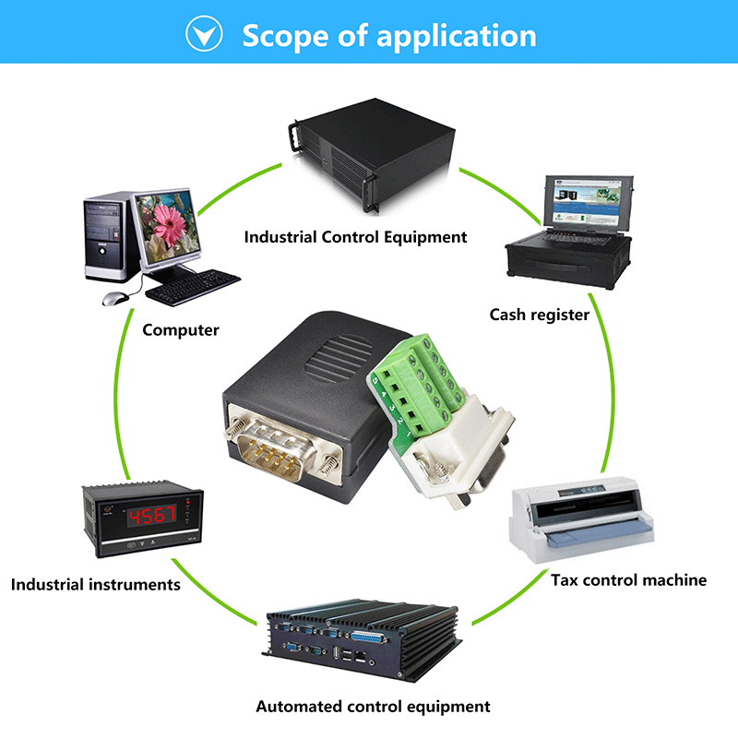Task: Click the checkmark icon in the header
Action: point(204,35)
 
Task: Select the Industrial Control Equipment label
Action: point(355,237)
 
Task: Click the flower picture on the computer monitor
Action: point(168,222)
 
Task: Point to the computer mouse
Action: point(114,299)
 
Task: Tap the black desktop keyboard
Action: point(193,287)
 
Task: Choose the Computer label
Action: point(181,329)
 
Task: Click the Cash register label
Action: point(539,315)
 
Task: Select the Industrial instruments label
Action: point(95,584)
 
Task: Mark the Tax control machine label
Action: point(628,580)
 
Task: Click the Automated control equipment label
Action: point(373,707)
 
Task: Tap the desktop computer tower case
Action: point(109,237)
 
